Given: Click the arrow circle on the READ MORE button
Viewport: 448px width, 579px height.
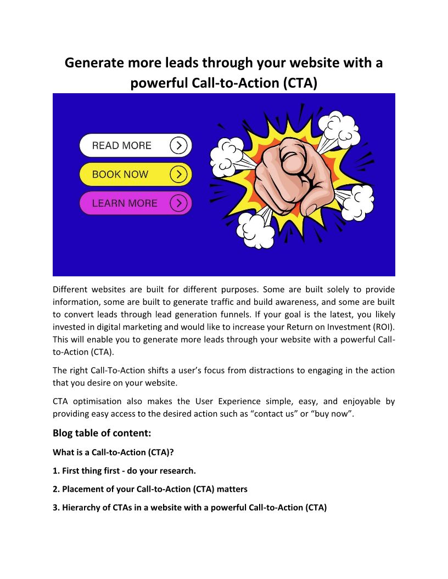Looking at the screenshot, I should tap(178, 145).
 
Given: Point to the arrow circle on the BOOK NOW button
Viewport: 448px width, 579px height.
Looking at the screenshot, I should tap(178, 174).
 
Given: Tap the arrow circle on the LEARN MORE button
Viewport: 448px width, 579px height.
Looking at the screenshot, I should tap(178, 203).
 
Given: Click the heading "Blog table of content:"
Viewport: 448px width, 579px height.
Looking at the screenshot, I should tap(102, 433).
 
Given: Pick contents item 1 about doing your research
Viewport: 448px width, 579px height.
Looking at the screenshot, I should tap(124, 470).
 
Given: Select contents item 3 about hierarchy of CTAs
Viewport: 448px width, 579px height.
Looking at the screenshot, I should tap(189, 507).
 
